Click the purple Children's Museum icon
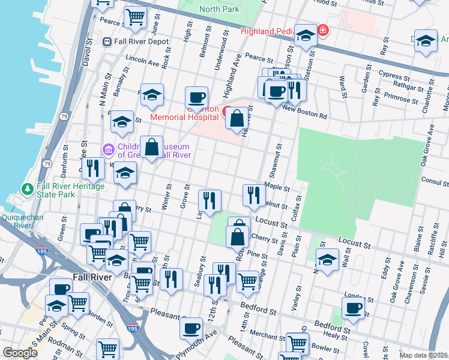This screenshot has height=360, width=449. point(108,148)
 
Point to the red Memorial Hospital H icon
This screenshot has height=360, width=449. point(228,112)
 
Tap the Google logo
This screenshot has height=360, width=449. point(20,353)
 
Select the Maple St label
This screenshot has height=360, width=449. point(277,187)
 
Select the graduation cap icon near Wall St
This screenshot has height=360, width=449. point(327,260)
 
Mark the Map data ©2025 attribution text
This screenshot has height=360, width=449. point(423,355)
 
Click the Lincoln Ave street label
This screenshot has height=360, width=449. point(142,62)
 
